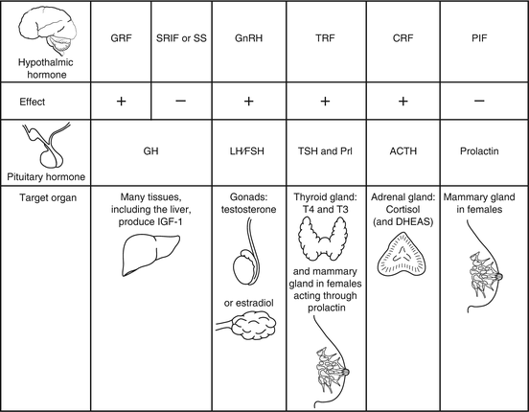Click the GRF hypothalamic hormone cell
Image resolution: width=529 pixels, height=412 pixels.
click(x=121, y=43)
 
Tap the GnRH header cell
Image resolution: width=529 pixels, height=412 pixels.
click(x=251, y=43)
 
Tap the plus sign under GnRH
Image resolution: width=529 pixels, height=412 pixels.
click(x=251, y=101)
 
